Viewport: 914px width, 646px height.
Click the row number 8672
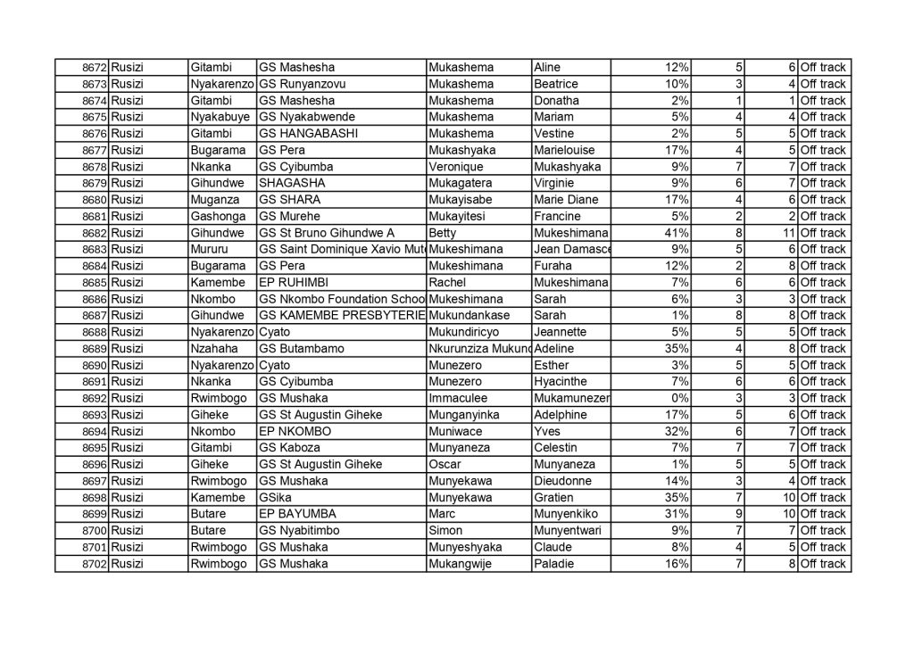pyautogui.click(x=95, y=68)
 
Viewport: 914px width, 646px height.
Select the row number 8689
pyautogui.click(x=95, y=348)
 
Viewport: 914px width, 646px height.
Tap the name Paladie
pyautogui.click(x=554, y=564)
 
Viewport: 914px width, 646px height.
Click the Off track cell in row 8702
pyautogui.click(x=822, y=564)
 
